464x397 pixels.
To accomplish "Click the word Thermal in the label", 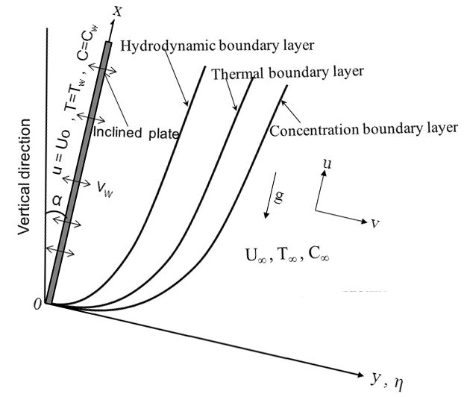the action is (237, 74).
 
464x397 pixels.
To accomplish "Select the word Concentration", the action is (314, 131).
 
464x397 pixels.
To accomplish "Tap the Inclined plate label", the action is (136, 132).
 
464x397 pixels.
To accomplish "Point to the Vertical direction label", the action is (24, 177).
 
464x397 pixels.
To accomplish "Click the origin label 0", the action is (37, 304).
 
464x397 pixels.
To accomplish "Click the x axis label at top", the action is (118, 12).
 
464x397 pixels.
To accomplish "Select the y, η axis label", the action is (387, 381).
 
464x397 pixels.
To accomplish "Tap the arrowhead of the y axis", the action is (360, 374).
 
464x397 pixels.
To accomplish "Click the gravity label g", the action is (279, 197).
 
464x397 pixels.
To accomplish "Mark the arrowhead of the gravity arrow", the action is (266, 215).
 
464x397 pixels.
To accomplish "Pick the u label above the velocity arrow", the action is (327, 163).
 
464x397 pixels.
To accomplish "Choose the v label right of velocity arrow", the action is (375, 223).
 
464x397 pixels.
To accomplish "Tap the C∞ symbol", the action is (319, 254).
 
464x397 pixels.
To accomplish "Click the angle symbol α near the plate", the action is (57, 201).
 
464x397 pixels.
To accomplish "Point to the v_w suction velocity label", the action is (104, 189).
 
